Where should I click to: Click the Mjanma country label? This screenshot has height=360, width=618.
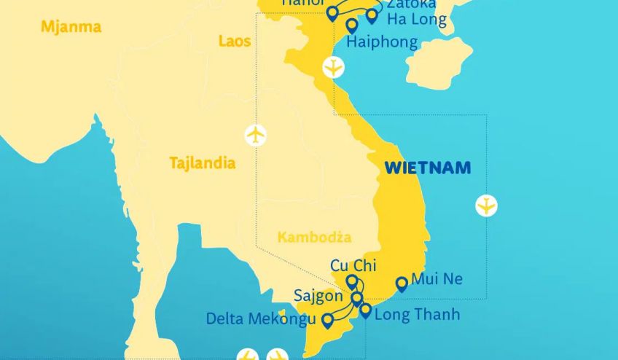[x=71, y=28]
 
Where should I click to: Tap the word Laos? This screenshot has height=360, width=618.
[x=235, y=41]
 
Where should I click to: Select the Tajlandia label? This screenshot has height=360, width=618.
[x=202, y=163]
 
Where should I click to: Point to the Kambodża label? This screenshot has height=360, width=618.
[x=314, y=238]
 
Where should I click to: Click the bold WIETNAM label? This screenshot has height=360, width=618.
[x=427, y=168]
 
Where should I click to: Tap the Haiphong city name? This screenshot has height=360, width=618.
[x=382, y=42]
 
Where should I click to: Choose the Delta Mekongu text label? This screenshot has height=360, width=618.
[x=261, y=319]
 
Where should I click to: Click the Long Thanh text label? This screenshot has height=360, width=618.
[x=417, y=315]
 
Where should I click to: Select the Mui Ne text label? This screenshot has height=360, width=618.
[x=437, y=279]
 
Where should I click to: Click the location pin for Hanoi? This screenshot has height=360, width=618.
[x=332, y=12]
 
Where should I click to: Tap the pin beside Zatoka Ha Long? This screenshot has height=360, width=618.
[x=372, y=15]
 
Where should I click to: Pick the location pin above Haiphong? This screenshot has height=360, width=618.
[x=352, y=26]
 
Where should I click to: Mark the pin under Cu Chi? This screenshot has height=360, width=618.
[x=352, y=281]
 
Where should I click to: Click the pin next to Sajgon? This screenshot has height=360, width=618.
[x=356, y=297]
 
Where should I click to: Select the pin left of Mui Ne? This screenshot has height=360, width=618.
[x=402, y=283]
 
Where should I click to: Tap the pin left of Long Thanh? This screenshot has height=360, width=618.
[x=365, y=310]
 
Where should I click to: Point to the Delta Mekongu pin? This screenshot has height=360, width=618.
[x=327, y=319]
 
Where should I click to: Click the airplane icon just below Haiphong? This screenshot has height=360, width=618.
[x=333, y=67]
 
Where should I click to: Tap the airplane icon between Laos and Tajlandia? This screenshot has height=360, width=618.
[x=255, y=135]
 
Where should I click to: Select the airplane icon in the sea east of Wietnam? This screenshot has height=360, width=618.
[x=486, y=206]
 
